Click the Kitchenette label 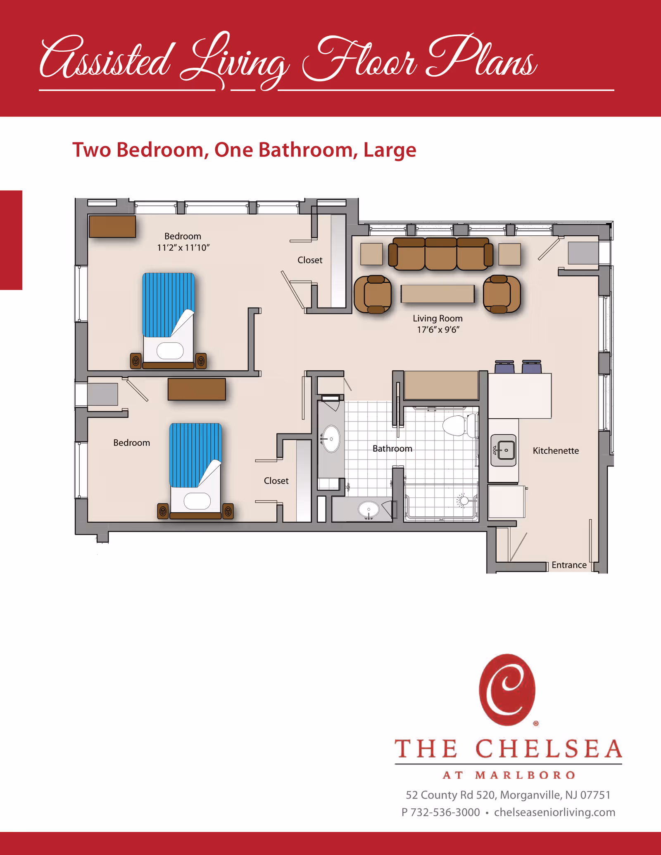point(555,450)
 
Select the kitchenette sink point(504,450)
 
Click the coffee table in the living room point(437,294)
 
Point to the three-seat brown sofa point(440,253)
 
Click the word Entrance point(569,565)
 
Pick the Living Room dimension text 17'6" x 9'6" point(438,329)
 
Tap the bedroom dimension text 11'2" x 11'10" point(183,247)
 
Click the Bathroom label point(392,448)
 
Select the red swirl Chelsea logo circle point(507,689)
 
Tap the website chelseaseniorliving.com point(554,812)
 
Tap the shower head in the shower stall point(464,500)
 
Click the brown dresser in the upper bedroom point(112,226)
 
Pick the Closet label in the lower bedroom point(276,481)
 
